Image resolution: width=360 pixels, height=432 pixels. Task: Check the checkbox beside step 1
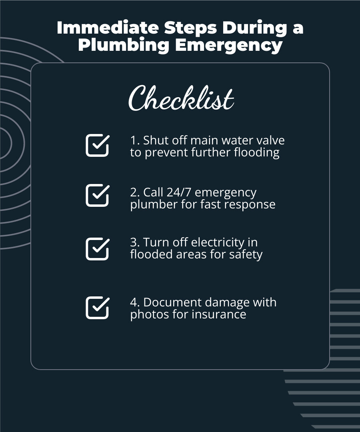point(97,145)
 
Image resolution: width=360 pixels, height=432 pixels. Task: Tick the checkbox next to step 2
point(97,195)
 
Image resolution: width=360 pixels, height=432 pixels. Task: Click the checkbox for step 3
point(97,249)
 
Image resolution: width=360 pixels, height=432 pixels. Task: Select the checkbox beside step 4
point(97,308)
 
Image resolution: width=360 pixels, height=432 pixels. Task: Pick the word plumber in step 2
point(150,205)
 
